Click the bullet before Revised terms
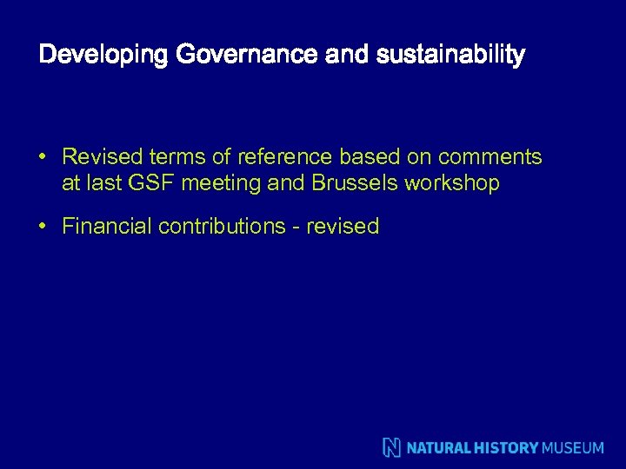42,157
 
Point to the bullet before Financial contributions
42,227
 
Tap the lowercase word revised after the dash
343,227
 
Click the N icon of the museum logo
392,448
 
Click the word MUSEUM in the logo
572,448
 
